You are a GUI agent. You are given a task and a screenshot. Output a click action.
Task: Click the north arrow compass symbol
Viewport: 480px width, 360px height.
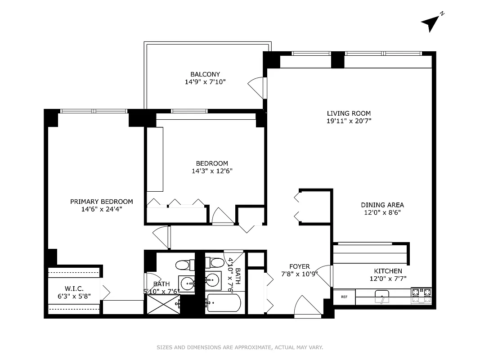pos(431,22)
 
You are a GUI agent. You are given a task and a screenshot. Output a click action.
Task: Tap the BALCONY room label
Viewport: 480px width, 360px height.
pos(205,74)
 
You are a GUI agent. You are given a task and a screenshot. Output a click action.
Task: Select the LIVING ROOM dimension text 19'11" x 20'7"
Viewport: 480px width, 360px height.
pos(349,121)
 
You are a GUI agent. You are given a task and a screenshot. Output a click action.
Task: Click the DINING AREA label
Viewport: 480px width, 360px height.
pos(382,205)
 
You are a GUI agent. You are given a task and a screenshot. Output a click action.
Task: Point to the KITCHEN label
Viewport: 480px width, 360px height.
pos(388,271)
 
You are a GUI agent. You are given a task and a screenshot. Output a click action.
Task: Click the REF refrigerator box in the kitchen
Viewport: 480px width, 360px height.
pos(344,297)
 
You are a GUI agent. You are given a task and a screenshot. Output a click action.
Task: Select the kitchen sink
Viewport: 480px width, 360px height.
pos(382,297)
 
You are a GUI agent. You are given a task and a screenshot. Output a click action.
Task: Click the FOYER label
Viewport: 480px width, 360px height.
pos(299,266)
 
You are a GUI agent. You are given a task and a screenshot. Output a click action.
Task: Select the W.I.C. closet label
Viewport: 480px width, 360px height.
pos(74,288)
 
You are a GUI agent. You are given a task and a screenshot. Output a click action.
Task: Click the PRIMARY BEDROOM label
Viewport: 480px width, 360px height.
pos(101,202)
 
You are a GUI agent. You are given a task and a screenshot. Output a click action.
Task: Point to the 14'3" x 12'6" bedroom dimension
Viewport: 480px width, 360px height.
pos(211,171)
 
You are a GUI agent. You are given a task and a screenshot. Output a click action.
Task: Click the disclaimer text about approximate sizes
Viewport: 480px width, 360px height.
pos(240,347)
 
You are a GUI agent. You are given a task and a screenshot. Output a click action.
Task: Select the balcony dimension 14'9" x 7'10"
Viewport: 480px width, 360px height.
pos(205,82)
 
